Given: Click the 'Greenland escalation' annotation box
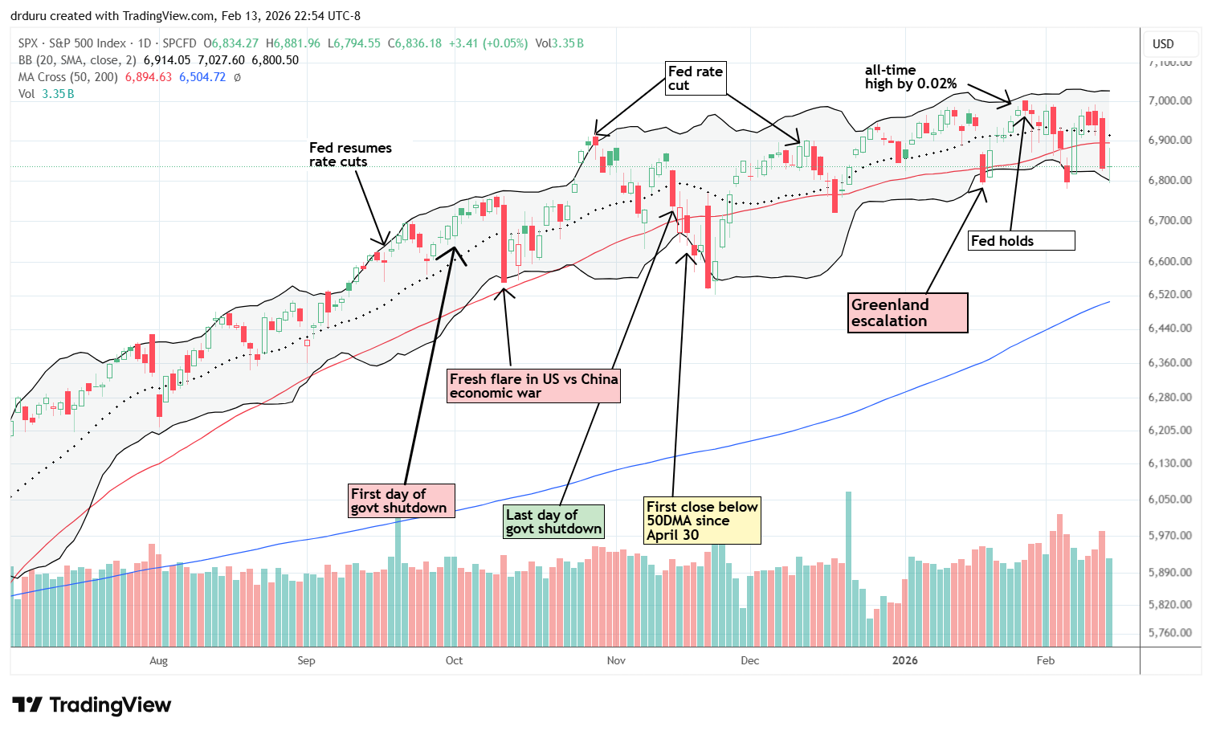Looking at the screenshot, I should pos(908,312).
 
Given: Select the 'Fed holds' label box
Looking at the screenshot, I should pos(1022,240).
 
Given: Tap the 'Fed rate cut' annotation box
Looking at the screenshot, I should pos(696,78).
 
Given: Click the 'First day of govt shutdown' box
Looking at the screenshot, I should pos(402,500).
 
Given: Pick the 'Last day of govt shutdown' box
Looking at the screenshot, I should pos(553,521).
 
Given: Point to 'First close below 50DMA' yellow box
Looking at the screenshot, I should pos(702,521).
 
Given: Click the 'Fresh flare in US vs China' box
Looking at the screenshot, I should pos(533,386).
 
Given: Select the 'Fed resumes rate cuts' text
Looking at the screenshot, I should pos(350,154).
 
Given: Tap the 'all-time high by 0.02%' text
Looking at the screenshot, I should pos(910,77).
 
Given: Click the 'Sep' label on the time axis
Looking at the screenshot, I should pos(306,660).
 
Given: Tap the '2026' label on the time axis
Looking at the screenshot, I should pos(904,660).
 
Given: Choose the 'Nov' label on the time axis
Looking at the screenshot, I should pos(616,660).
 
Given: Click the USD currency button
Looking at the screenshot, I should pos(1163,44).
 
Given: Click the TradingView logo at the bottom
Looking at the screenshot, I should pos(92,705).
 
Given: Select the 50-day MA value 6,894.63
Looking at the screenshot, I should pos(149,77).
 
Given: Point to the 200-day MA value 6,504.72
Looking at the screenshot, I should pos(202,77).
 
